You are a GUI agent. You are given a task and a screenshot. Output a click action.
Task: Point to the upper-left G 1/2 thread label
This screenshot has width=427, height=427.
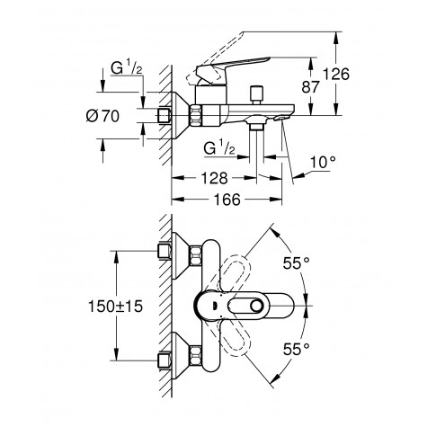pyautogui.click(x=127, y=67)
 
